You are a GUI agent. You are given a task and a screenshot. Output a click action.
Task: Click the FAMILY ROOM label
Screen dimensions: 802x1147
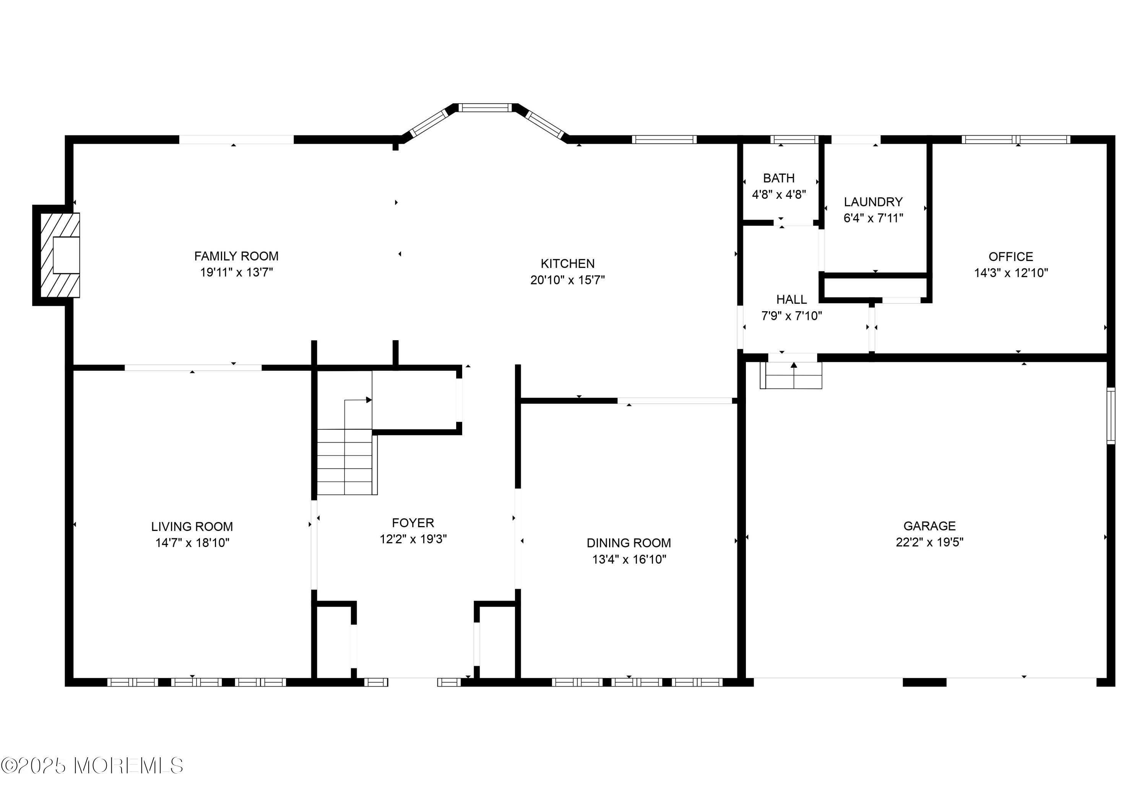[x=236, y=256]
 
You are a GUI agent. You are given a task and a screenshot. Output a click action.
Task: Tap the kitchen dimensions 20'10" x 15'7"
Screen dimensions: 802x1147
[x=567, y=280]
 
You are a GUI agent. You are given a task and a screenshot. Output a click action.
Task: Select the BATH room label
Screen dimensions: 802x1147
[x=779, y=178]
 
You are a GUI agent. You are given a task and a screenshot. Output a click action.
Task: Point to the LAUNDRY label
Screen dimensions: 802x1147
[x=873, y=202]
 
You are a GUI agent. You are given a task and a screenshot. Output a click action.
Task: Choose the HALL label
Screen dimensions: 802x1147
[x=791, y=300]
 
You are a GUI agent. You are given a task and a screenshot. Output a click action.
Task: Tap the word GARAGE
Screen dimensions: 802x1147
[x=929, y=526]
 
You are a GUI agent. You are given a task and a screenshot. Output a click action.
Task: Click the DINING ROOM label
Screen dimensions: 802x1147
[x=629, y=543]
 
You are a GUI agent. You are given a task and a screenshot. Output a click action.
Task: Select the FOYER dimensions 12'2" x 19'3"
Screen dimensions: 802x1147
[x=413, y=539]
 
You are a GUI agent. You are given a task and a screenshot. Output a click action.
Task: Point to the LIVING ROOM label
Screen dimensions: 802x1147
[x=192, y=526]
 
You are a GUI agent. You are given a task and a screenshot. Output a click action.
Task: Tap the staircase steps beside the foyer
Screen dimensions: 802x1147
[x=345, y=462]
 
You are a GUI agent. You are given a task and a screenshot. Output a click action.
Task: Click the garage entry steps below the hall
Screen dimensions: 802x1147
[x=791, y=375]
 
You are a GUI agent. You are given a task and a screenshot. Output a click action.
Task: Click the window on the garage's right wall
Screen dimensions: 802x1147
[x=1111, y=416]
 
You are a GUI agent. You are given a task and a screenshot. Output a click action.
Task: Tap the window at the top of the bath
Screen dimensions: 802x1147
[x=794, y=139]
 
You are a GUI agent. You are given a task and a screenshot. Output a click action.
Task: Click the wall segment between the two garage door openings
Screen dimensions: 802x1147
[x=924, y=682]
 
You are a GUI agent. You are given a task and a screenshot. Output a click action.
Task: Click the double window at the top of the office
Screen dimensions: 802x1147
[x=1015, y=139]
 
